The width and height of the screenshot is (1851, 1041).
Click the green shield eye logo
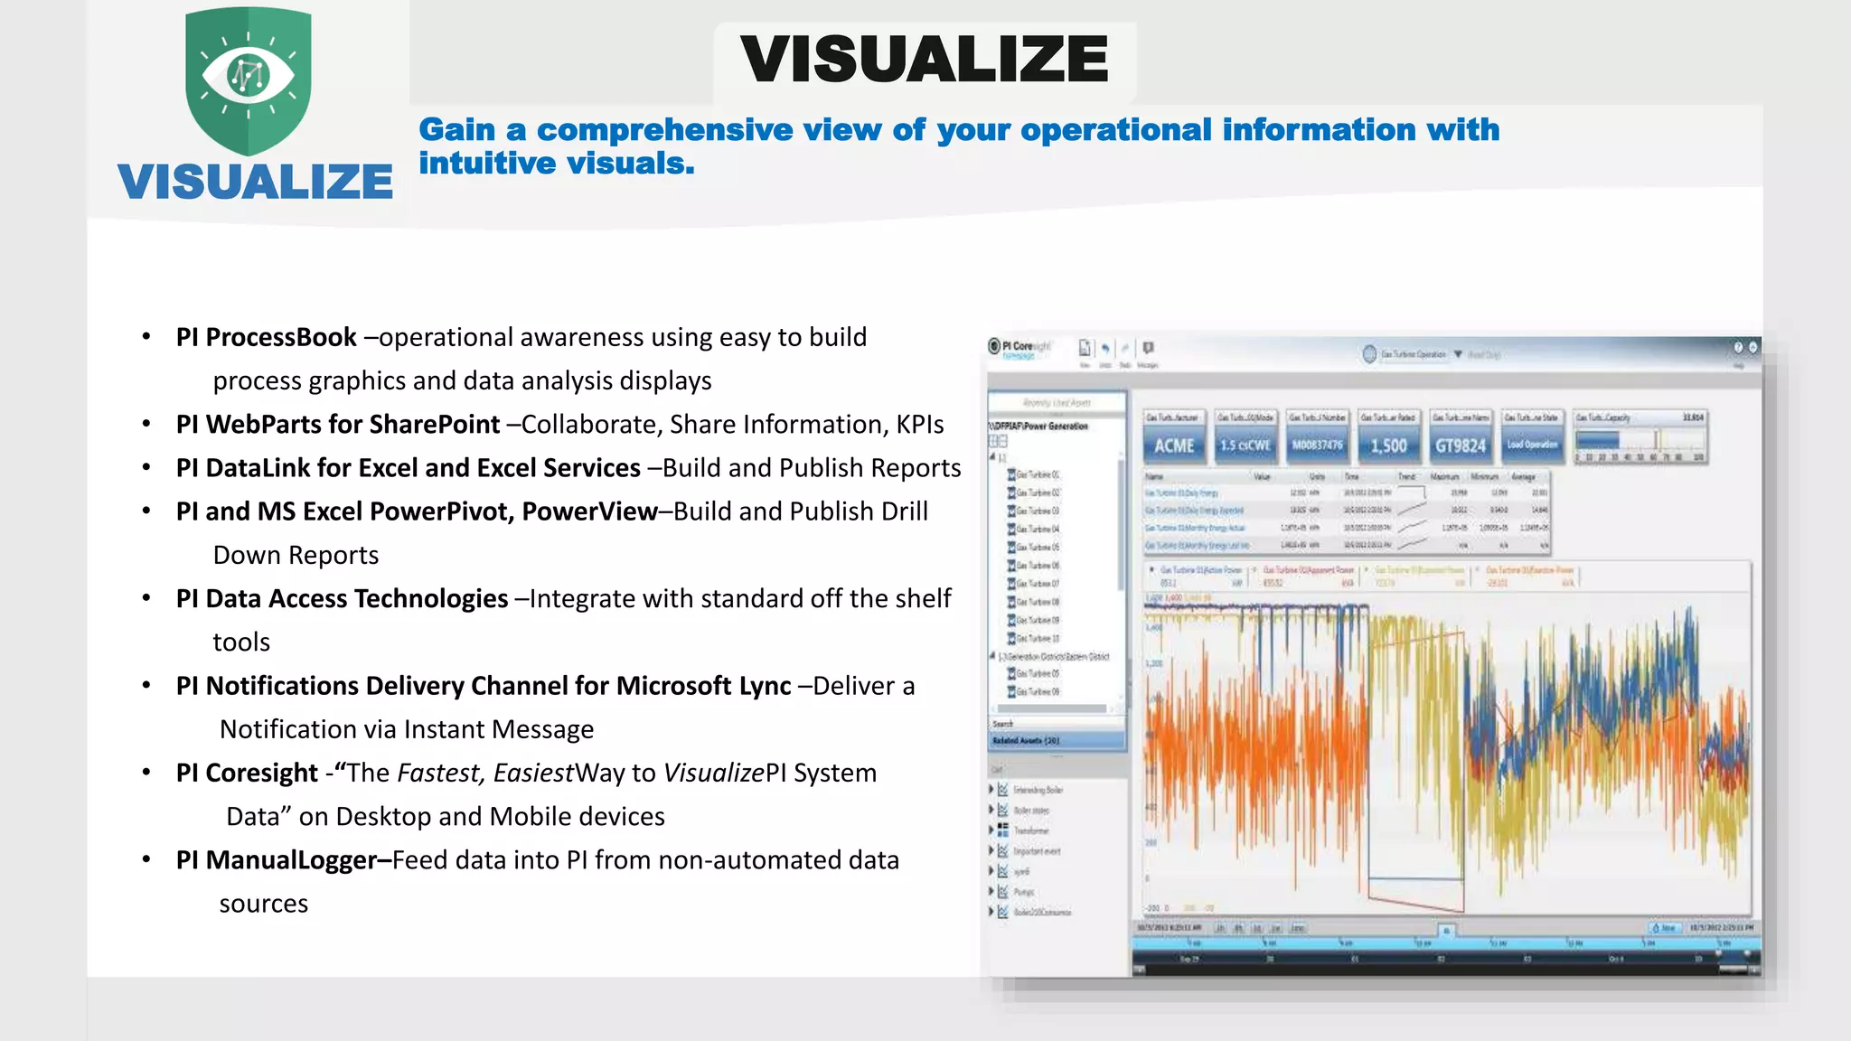(x=249, y=80)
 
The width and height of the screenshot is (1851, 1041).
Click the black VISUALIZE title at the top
(x=924, y=60)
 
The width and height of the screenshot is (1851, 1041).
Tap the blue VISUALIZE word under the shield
(x=255, y=182)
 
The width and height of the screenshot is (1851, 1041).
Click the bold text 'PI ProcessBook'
(x=267, y=337)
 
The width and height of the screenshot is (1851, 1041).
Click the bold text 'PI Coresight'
(x=247, y=774)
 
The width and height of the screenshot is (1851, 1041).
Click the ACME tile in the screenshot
(x=1174, y=445)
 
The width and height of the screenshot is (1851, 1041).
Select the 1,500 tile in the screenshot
(x=1388, y=445)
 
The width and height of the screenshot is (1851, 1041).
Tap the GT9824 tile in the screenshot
(x=1460, y=445)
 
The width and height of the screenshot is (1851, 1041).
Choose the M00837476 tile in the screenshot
(x=1317, y=445)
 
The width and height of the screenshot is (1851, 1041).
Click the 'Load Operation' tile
(x=1532, y=445)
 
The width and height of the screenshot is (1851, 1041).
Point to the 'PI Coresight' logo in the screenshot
(x=1019, y=348)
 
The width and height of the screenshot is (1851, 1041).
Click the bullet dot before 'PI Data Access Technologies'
(x=146, y=599)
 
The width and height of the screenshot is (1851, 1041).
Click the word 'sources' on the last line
(x=263, y=904)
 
